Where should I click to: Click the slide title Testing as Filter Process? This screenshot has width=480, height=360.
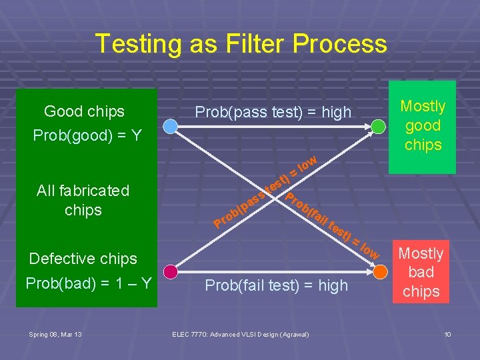tap(241, 44)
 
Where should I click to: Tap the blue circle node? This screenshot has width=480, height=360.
tap(171, 125)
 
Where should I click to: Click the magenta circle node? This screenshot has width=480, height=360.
tap(171, 271)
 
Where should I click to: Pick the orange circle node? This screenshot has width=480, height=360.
tap(379, 271)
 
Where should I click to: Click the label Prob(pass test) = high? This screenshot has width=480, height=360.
tap(273, 113)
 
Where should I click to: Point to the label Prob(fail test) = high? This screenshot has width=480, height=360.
tap(276, 285)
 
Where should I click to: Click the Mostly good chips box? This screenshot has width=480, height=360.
tap(423, 126)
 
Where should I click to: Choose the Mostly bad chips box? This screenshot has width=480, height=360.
tap(421, 273)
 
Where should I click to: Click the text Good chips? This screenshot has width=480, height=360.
tap(84, 111)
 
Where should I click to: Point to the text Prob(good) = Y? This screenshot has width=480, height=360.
tap(87, 136)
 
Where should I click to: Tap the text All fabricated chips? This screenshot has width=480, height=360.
tap(83, 200)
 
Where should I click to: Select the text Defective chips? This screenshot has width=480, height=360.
tap(83, 259)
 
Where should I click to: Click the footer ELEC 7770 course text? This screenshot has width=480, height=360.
tap(240, 334)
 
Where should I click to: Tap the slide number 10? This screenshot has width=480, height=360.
tap(447, 334)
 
